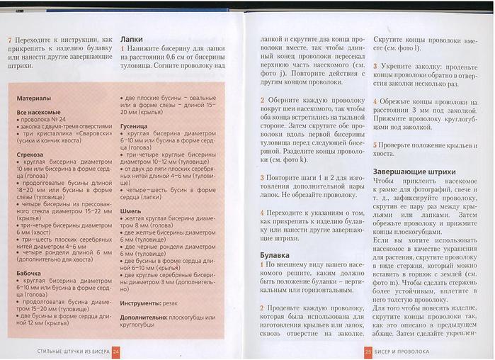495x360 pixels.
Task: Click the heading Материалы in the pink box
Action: point(34,97)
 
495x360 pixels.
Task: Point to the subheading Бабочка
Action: point(30,272)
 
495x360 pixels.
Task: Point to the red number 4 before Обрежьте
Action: point(375,101)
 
